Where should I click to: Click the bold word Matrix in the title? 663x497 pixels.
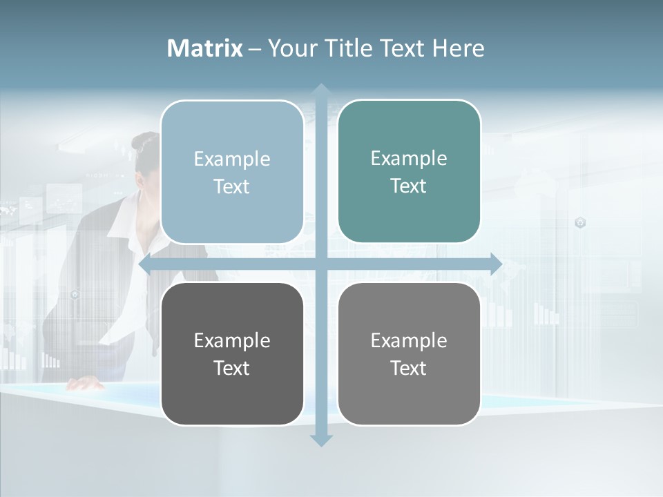(x=204, y=48)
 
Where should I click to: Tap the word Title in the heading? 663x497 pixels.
(x=350, y=48)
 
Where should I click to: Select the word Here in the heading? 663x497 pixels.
(x=459, y=48)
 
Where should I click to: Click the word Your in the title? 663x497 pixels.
(x=293, y=48)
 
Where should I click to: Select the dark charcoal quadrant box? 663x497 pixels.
(x=232, y=393)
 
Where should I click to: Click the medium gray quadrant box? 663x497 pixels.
(x=409, y=393)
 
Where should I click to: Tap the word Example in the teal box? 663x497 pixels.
(x=409, y=158)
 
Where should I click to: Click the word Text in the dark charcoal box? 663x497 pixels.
(x=232, y=368)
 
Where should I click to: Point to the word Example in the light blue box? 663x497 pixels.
(x=232, y=159)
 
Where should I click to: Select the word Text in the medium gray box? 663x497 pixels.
(x=409, y=368)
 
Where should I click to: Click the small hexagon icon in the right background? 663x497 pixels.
(x=580, y=222)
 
